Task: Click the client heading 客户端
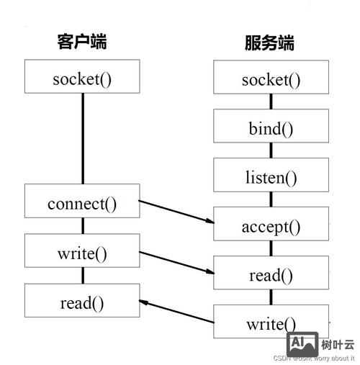82,42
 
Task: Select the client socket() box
82,77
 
